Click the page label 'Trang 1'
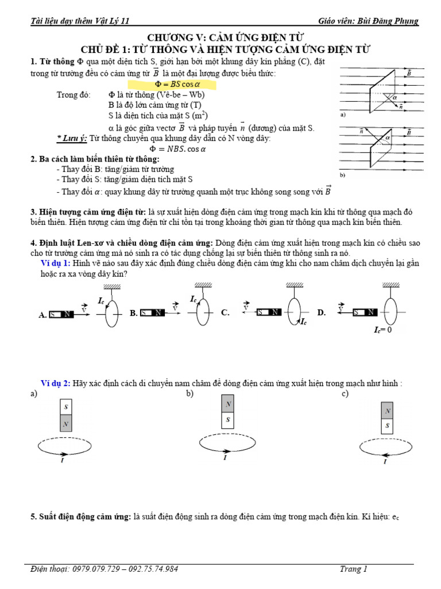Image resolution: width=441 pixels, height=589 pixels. (x=353, y=569)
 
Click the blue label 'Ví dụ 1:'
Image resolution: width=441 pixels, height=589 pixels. (x=55, y=263)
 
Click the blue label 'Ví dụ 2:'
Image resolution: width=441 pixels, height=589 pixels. (x=55, y=383)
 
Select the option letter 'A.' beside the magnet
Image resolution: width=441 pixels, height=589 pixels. (x=42, y=315)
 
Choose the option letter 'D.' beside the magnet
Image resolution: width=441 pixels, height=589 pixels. (x=321, y=312)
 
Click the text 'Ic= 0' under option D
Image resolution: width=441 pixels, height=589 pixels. (x=382, y=330)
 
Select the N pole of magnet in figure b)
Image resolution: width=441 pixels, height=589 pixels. (x=228, y=404)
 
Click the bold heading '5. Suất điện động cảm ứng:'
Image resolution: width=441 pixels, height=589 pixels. (x=80, y=518)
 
